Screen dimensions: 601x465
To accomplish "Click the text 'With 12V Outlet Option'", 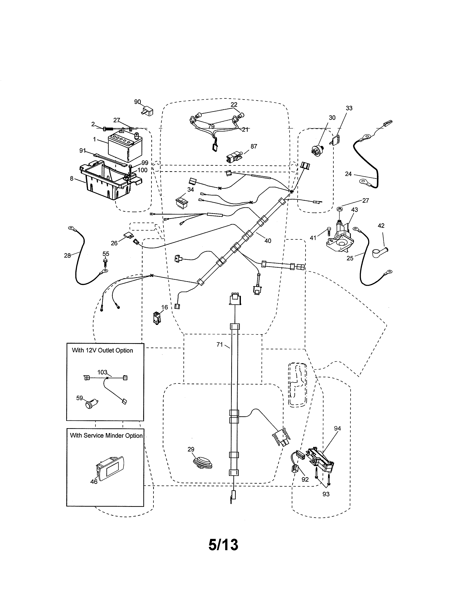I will tap(102, 350).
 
